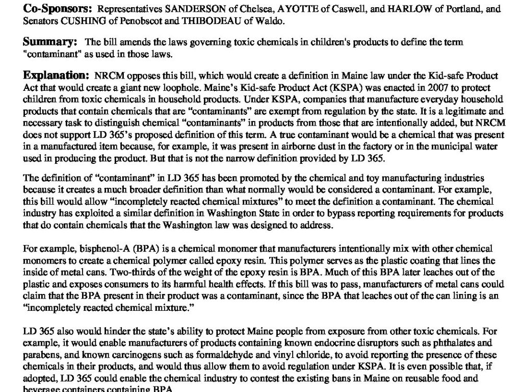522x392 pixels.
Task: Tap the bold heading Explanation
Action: click(x=56, y=76)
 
